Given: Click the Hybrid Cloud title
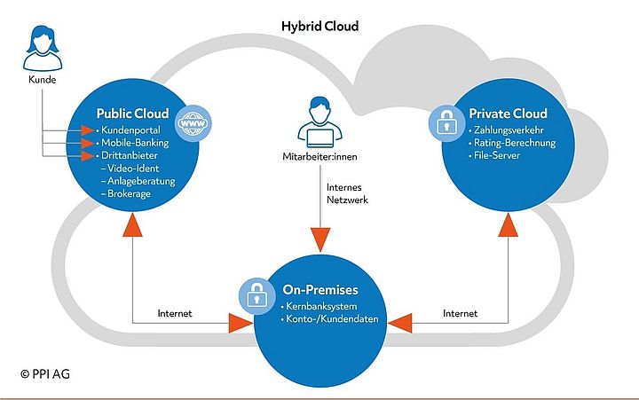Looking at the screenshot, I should (x=319, y=27).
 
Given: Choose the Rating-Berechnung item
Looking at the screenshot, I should (x=514, y=143).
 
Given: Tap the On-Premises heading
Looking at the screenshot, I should (x=320, y=289).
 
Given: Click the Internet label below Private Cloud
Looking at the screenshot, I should (x=460, y=313).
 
